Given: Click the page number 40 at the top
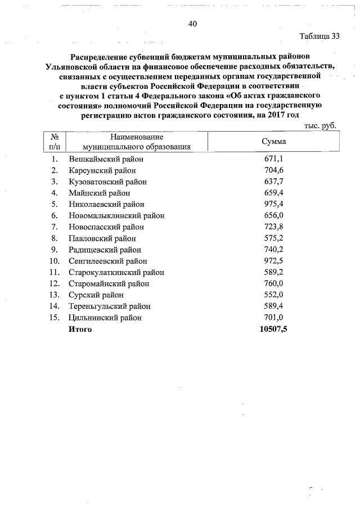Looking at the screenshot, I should (x=193, y=24).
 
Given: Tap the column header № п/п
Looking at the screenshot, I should (x=55, y=142).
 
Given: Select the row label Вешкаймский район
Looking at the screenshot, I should (x=105, y=159).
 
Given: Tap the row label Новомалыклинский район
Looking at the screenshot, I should (x=113, y=215).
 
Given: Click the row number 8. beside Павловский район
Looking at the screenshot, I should (x=55, y=238).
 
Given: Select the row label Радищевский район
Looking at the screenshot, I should (x=105, y=250).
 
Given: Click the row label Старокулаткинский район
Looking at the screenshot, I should (x=116, y=272).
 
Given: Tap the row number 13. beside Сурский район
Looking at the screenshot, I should (x=54, y=295).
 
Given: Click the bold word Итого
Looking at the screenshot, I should (x=80, y=329).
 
